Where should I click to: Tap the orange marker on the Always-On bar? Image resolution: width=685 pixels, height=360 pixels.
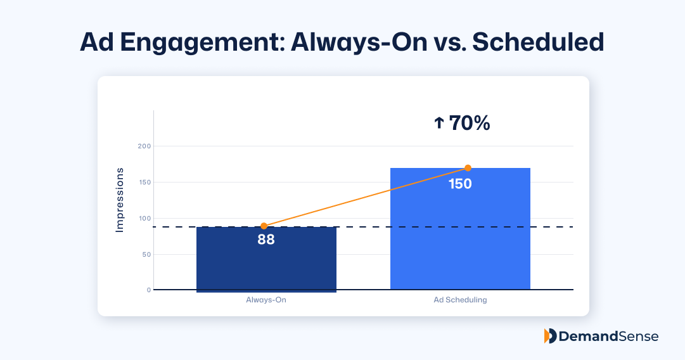point(264,226)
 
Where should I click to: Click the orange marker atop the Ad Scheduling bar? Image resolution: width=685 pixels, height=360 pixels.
point(468,168)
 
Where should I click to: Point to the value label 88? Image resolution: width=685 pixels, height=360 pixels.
point(266,240)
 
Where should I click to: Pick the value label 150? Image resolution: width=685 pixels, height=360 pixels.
point(460,184)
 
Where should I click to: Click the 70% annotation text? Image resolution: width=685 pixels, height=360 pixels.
point(469,123)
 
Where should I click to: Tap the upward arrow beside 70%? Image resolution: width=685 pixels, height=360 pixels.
point(439,123)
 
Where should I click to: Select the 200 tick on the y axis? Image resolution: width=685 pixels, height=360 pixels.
point(144,146)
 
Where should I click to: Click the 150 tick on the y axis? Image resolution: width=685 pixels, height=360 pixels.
point(144,183)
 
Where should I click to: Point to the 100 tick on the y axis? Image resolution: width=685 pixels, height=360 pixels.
point(144,219)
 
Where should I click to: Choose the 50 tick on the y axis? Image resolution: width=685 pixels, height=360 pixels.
point(146,255)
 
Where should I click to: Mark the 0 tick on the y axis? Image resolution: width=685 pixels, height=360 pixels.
point(149,290)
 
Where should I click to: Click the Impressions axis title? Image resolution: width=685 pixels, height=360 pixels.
point(120,200)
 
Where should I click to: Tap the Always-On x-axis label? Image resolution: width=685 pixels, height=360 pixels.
point(266,300)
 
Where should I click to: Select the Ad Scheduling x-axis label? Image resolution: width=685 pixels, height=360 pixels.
point(460,300)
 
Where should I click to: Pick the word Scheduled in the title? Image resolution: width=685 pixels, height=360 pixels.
point(539,42)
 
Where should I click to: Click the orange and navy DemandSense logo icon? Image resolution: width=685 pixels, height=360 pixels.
point(550,336)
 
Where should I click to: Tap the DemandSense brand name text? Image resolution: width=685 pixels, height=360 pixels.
point(609,337)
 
